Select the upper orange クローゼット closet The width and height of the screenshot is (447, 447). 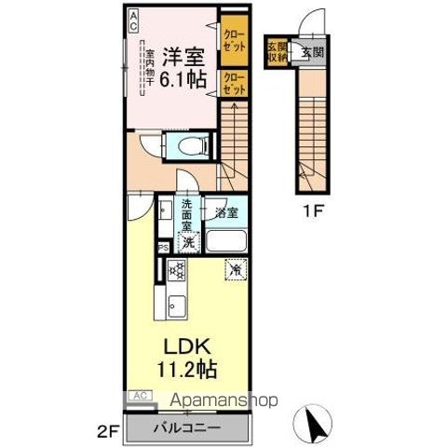click(x=233, y=41)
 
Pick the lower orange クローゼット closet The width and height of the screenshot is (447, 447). click(x=233, y=83)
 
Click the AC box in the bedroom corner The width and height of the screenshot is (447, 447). click(x=133, y=17)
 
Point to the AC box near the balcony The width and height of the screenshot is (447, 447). click(x=140, y=395)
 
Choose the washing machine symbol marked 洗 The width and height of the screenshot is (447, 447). click(x=187, y=243)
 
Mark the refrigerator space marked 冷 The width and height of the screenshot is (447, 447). click(x=235, y=271)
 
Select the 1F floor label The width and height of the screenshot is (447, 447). click(x=312, y=210)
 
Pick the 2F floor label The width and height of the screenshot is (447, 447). click(x=108, y=431)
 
